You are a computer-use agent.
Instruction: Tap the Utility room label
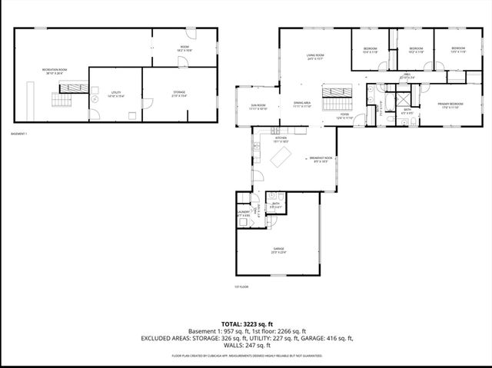point(115,93)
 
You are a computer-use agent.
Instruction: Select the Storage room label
point(179,93)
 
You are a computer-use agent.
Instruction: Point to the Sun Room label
point(258,106)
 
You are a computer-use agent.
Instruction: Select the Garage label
point(278,250)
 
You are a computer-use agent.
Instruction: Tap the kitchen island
point(281,157)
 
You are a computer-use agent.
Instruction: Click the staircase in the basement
point(61,101)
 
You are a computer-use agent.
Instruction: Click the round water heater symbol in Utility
point(95,100)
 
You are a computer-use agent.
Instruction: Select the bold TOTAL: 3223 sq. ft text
point(246,324)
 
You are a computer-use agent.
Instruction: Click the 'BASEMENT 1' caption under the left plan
point(19,134)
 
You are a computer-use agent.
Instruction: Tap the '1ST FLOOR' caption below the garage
point(241,287)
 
